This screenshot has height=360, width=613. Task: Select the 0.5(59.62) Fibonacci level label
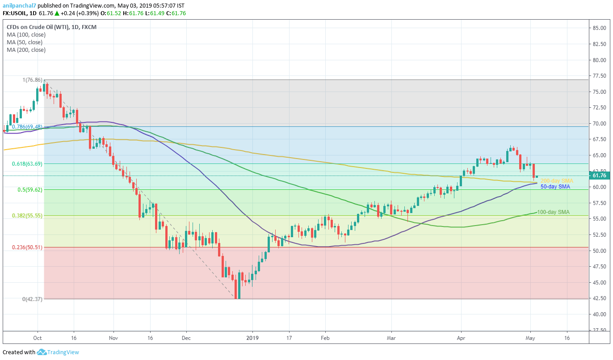click(x=29, y=189)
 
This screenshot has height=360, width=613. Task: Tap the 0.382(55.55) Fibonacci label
click(x=27, y=215)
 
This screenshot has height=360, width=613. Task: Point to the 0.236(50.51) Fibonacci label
click(x=27, y=247)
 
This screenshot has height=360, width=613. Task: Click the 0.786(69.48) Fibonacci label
click(x=27, y=127)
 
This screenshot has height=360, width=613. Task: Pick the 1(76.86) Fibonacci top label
click(x=32, y=80)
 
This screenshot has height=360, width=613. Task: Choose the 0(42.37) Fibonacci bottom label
click(x=32, y=299)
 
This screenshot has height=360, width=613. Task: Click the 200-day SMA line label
click(x=557, y=181)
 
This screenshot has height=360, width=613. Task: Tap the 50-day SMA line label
click(x=555, y=187)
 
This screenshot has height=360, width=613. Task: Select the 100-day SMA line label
click(x=553, y=212)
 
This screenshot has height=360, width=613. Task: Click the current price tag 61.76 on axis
click(x=599, y=176)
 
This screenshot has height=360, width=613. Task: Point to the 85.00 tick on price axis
click(x=599, y=28)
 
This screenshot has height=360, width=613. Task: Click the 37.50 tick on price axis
click(x=599, y=330)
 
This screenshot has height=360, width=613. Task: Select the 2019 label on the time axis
click(x=252, y=338)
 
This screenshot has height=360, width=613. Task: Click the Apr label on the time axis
click(x=461, y=338)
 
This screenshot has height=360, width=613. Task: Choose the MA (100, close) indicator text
click(x=26, y=35)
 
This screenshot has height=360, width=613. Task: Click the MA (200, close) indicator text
click(x=26, y=50)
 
